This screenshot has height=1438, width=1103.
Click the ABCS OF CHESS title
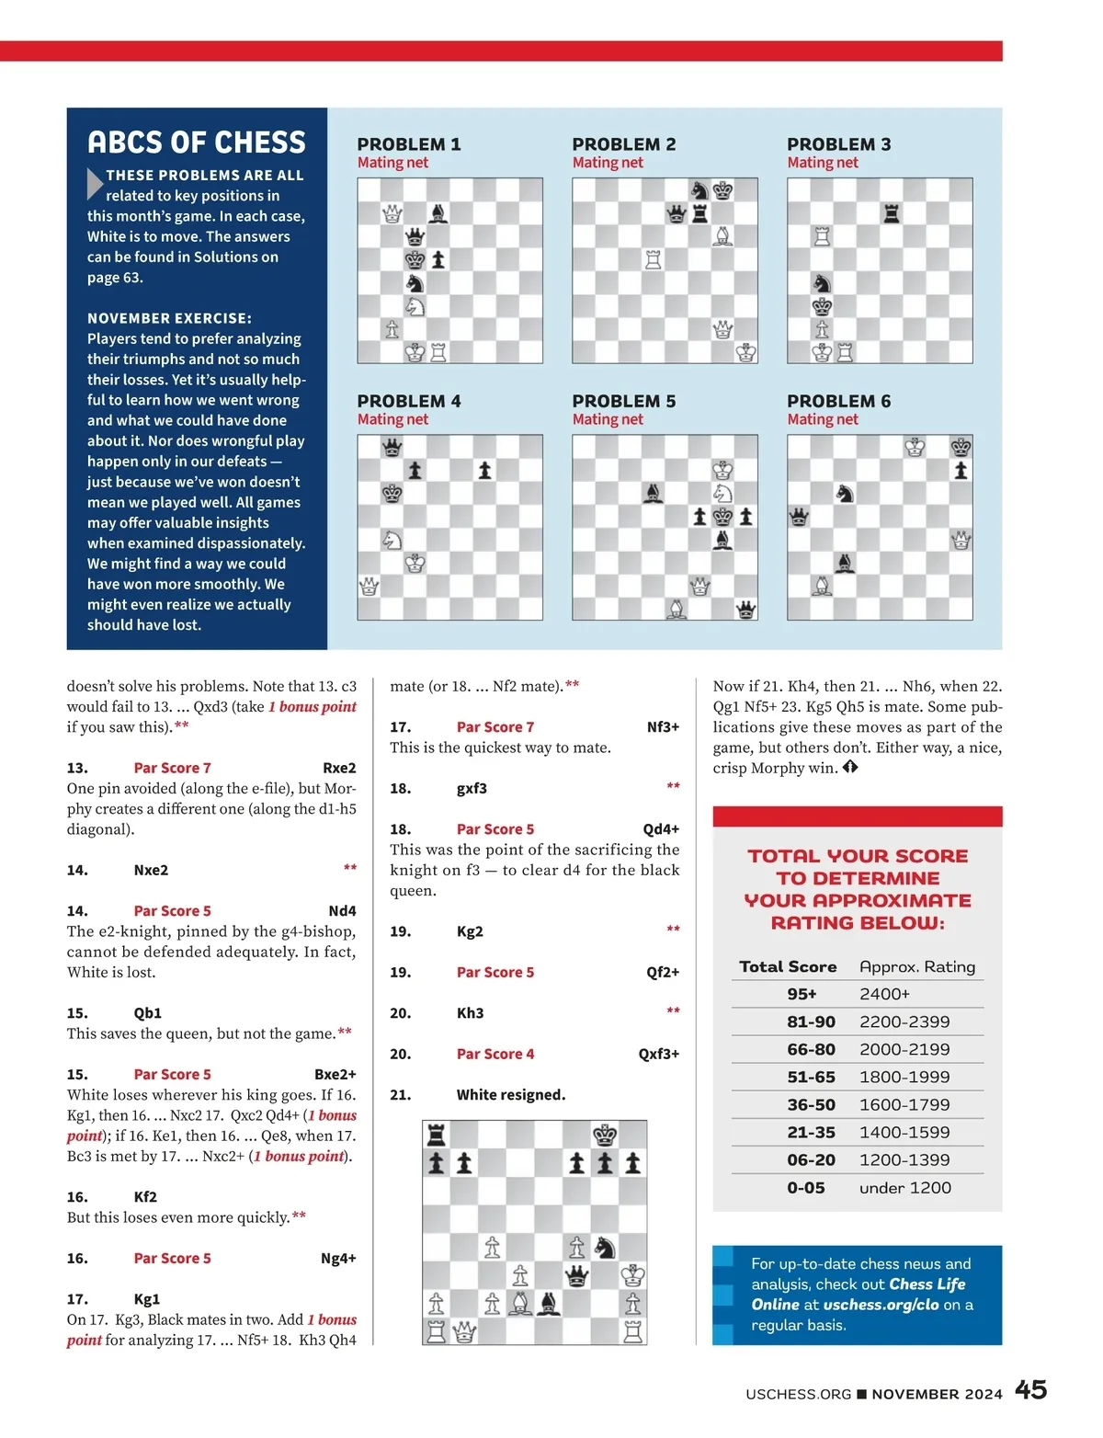pyautogui.click(x=197, y=143)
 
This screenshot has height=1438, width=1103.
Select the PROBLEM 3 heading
pyautogui.click(x=838, y=144)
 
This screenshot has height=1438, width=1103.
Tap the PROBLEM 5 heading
pyautogui.click(x=623, y=401)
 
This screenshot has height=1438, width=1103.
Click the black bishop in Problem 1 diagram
pyautogui.click(x=438, y=213)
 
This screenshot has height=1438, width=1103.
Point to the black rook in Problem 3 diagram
pyautogui.click(x=891, y=213)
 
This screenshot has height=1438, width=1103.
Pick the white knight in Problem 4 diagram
pyautogui.click(x=392, y=540)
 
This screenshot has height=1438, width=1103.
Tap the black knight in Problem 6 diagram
pyautogui.click(x=845, y=494)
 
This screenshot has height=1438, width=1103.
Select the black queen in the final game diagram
pyautogui.click(x=577, y=1275)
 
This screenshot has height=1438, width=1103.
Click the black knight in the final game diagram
pyautogui.click(x=605, y=1247)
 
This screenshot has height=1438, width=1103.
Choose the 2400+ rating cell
pyautogui.click(x=884, y=994)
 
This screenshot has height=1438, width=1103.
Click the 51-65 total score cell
pyautogui.click(x=811, y=1077)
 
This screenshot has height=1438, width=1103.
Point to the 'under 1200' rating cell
pyautogui.click(x=904, y=1188)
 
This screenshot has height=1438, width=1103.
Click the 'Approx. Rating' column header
pyautogui.click(x=916, y=966)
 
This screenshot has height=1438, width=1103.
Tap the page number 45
pyautogui.click(x=1030, y=1389)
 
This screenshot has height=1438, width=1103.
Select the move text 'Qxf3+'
pyautogui.click(x=658, y=1054)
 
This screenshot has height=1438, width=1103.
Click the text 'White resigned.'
pyautogui.click(x=510, y=1095)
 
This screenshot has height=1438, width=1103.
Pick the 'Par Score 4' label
pyautogui.click(x=495, y=1054)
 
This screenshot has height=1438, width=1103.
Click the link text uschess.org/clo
pyautogui.click(x=881, y=1305)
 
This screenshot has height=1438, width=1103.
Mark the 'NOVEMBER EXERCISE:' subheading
pyautogui.click(x=169, y=318)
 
